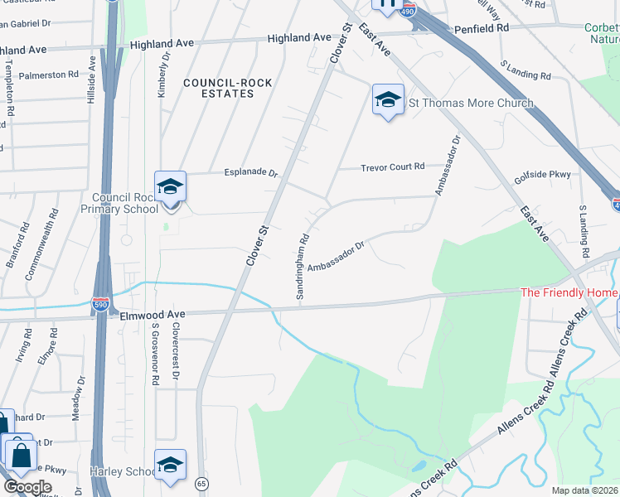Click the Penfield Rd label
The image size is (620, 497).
[x=481, y=29]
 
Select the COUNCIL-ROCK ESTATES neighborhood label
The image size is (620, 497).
[x=218, y=88]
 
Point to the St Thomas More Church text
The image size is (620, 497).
[x=471, y=104]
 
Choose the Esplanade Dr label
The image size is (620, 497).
[x=250, y=173]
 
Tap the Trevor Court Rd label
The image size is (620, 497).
[x=392, y=166]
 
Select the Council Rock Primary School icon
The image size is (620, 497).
[x=170, y=188]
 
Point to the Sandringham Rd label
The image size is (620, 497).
[x=303, y=266]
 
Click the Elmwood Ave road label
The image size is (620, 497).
[x=150, y=315]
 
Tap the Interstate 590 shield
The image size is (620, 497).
[x=101, y=306]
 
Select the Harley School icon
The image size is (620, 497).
[x=170, y=467]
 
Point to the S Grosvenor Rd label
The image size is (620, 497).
[x=154, y=355]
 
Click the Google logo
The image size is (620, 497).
[x=27, y=487]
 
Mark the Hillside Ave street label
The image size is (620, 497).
[x=92, y=80]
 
